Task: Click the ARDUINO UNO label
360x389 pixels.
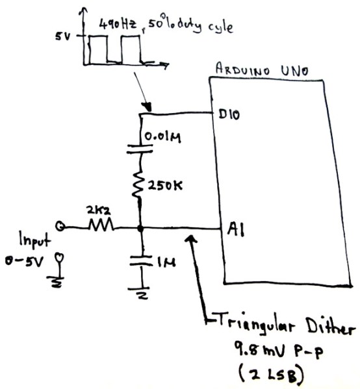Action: coord(255,69)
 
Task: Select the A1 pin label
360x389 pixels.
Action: coord(235,229)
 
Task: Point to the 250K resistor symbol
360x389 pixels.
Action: coord(141,188)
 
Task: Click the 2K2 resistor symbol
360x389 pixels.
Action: coord(101,227)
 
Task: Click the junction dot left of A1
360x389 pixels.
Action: coord(141,228)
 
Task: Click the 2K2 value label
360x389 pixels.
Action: coord(97,212)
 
